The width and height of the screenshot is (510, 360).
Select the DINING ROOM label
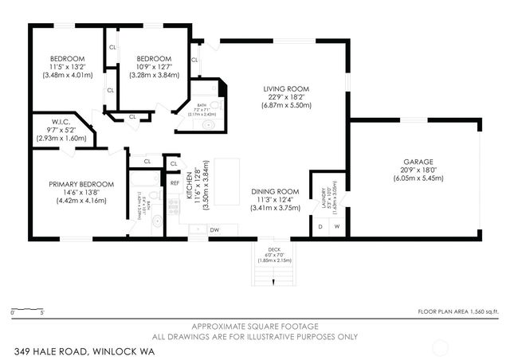click(274, 191)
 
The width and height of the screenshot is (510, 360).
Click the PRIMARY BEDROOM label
click(80, 184)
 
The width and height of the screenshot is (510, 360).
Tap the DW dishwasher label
click(214, 230)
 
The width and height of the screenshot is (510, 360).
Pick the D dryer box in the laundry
click(320, 226)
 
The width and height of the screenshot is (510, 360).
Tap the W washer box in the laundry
click(336, 226)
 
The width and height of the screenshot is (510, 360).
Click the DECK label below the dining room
click(273, 249)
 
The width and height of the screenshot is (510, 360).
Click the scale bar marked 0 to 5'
click(28, 309)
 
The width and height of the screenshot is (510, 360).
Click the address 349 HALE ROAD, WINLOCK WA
click(84, 350)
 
